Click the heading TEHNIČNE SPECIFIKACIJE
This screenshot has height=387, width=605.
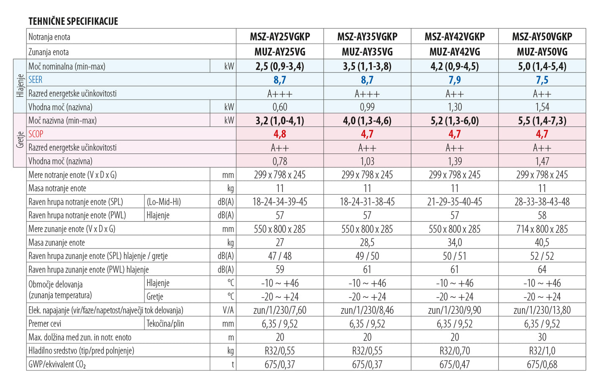tap(73, 21)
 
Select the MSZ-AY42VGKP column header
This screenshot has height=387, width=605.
tap(455, 37)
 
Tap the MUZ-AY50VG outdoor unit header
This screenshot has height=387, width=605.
tap(542, 52)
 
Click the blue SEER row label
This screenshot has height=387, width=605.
tap(36, 80)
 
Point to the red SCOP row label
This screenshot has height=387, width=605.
tap(36, 134)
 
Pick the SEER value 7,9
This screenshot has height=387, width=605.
tap(455, 80)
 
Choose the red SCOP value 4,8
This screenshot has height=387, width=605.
tap(280, 134)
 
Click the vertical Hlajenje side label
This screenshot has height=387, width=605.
tap(20, 86)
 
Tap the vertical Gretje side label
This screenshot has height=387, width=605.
tap(20, 140)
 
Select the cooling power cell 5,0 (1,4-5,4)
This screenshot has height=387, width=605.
tap(542, 66)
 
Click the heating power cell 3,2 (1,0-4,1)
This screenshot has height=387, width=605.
tap(280, 120)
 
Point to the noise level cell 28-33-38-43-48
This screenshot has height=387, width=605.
tap(542, 202)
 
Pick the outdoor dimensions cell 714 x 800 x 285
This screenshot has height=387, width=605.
tap(542, 229)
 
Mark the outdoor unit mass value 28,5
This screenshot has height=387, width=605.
tap(367, 243)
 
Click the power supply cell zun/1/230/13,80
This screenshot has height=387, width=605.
tap(542, 310)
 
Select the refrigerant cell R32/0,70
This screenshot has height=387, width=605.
tap(455, 351)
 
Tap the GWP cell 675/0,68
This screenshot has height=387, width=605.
tap(542, 364)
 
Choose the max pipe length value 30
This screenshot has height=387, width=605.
tap(542, 337)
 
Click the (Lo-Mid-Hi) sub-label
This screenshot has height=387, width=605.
tap(164, 202)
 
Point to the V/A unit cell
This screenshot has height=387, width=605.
tap(228, 310)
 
